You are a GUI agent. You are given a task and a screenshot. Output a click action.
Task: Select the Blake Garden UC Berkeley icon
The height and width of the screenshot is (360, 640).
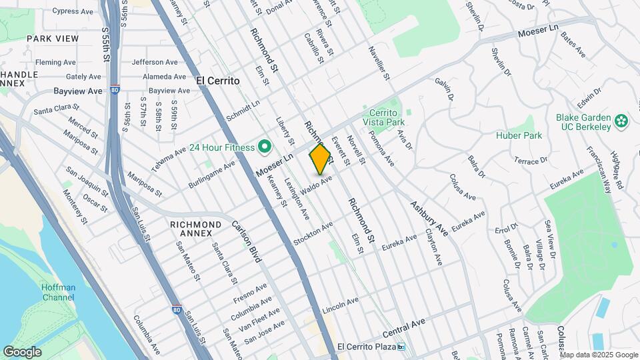621,121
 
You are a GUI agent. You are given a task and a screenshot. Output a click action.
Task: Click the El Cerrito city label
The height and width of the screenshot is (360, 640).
218,79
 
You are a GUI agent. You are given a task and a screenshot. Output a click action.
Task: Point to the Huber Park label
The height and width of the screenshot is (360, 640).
519,135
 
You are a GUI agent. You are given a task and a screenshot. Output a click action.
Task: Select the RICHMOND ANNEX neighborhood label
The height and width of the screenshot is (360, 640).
195,229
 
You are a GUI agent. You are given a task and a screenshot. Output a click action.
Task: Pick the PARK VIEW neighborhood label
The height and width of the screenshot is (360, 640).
53,39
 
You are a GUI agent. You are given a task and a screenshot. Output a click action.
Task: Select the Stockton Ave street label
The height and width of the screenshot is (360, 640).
313,234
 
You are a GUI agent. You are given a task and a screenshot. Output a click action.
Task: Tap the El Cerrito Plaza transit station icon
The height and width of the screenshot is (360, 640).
401,347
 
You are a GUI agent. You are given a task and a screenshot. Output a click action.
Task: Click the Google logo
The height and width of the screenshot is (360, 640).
22,351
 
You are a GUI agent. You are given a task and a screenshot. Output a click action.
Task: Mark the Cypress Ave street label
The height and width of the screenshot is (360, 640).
73,11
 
